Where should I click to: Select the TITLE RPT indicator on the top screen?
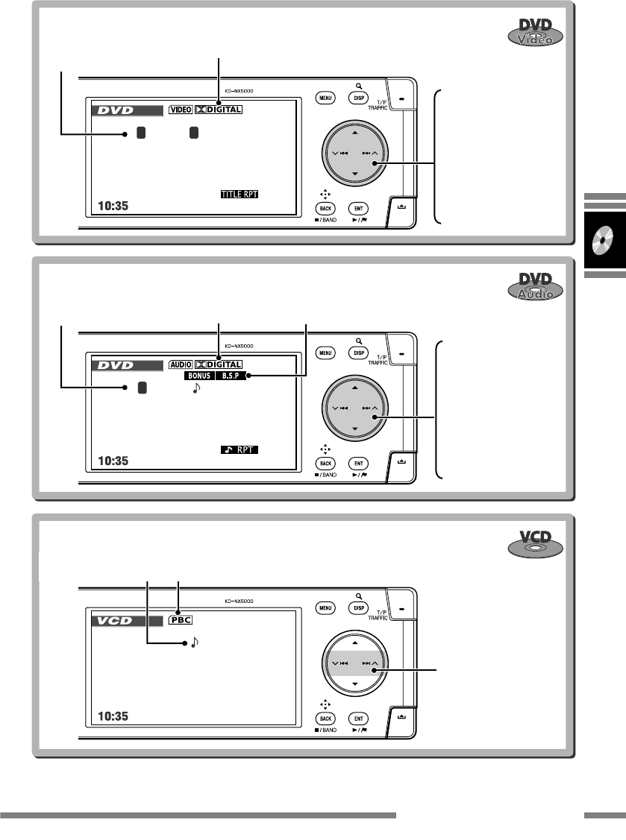coord(243,194)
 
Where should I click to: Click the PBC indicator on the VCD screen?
coord(179,619)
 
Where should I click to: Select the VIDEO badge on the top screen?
coord(180,109)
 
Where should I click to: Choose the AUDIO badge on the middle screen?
coord(181,365)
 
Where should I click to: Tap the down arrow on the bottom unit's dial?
coord(354,683)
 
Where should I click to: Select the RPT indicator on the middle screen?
coord(243,449)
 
